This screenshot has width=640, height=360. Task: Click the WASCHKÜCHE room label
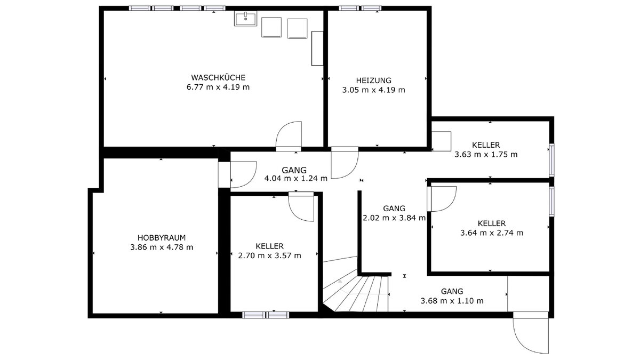coord(218,77)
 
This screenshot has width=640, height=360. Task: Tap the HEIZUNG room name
coord(373,81)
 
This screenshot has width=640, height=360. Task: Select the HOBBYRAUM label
coord(162,238)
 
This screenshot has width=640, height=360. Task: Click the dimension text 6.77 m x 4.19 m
coord(218,87)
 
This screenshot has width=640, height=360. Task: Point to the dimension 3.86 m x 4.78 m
coord(162,247)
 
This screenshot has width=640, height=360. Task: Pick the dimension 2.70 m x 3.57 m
coord(269,255)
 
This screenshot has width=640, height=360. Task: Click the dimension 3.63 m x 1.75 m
coord(486,155)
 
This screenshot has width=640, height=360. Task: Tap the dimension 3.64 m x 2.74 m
coord(492,233)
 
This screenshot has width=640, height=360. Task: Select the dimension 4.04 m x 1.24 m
coord(295,179)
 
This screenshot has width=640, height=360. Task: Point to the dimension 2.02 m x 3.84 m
coord(394,218)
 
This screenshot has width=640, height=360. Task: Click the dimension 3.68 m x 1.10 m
coord(452,301)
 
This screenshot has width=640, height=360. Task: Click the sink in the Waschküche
coord(245,19)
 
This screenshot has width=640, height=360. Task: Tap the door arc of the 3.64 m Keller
coord(450,204)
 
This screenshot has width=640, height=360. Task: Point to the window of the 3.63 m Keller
coord(551,161)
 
